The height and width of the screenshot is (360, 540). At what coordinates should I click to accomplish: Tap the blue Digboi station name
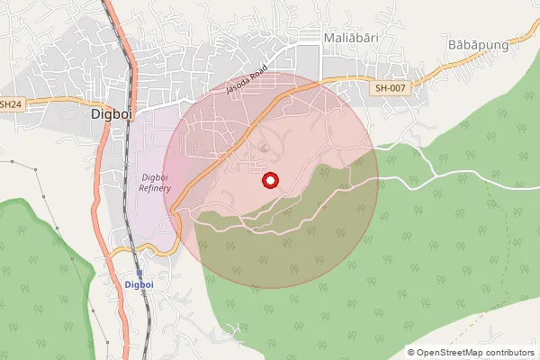[x=139, y=284]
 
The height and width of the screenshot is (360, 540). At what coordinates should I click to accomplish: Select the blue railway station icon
[x=139, y=272]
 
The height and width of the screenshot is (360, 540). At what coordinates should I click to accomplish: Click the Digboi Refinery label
[x=162, y=182]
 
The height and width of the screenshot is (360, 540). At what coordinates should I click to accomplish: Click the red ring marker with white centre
[x=269, y=181]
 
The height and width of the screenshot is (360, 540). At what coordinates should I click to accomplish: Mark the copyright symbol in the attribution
[x=411, y=353]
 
